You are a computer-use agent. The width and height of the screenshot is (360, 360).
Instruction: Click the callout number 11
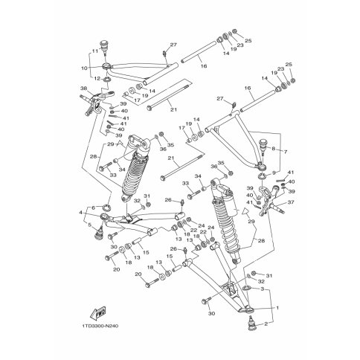[x=94, y=52]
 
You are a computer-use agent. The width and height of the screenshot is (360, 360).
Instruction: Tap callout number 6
[x=93, y=208]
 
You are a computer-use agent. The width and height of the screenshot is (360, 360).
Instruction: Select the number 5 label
[x=90, y=222]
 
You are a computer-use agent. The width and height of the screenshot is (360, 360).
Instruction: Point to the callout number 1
[x=278, y=307]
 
